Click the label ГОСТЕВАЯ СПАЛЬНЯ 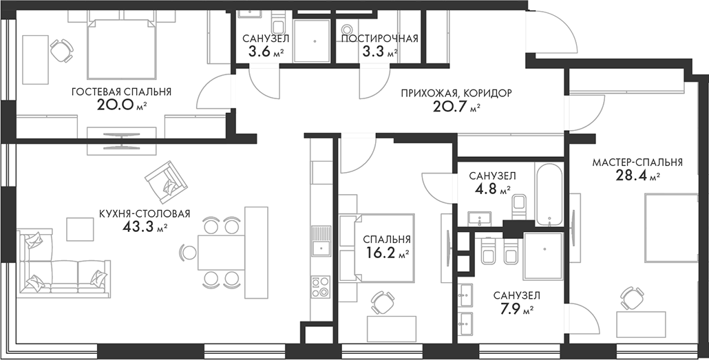(x=121, y=92)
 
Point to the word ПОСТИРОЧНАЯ (x=379, y=39)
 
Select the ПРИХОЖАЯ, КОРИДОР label (x=456, y=94)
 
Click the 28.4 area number (x=631, y=176)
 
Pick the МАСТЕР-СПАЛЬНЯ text (x=637, y=162)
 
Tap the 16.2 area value (x=383, y=254)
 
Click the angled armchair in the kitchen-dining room (x=166, y=182)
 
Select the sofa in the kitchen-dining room (x=63, y=263)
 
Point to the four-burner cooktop (x=321, y=287)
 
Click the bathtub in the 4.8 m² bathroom (x=549, y=193)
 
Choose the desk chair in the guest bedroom (x=62, y=51)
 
